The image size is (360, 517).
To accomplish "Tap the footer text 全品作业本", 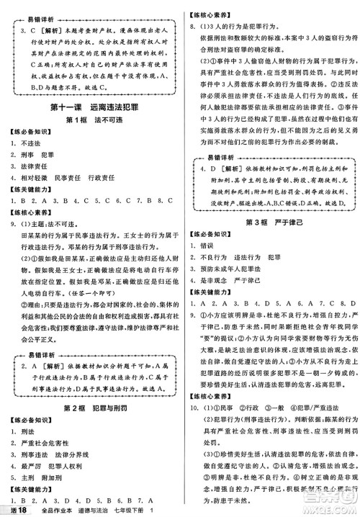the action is tap(54, 510).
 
